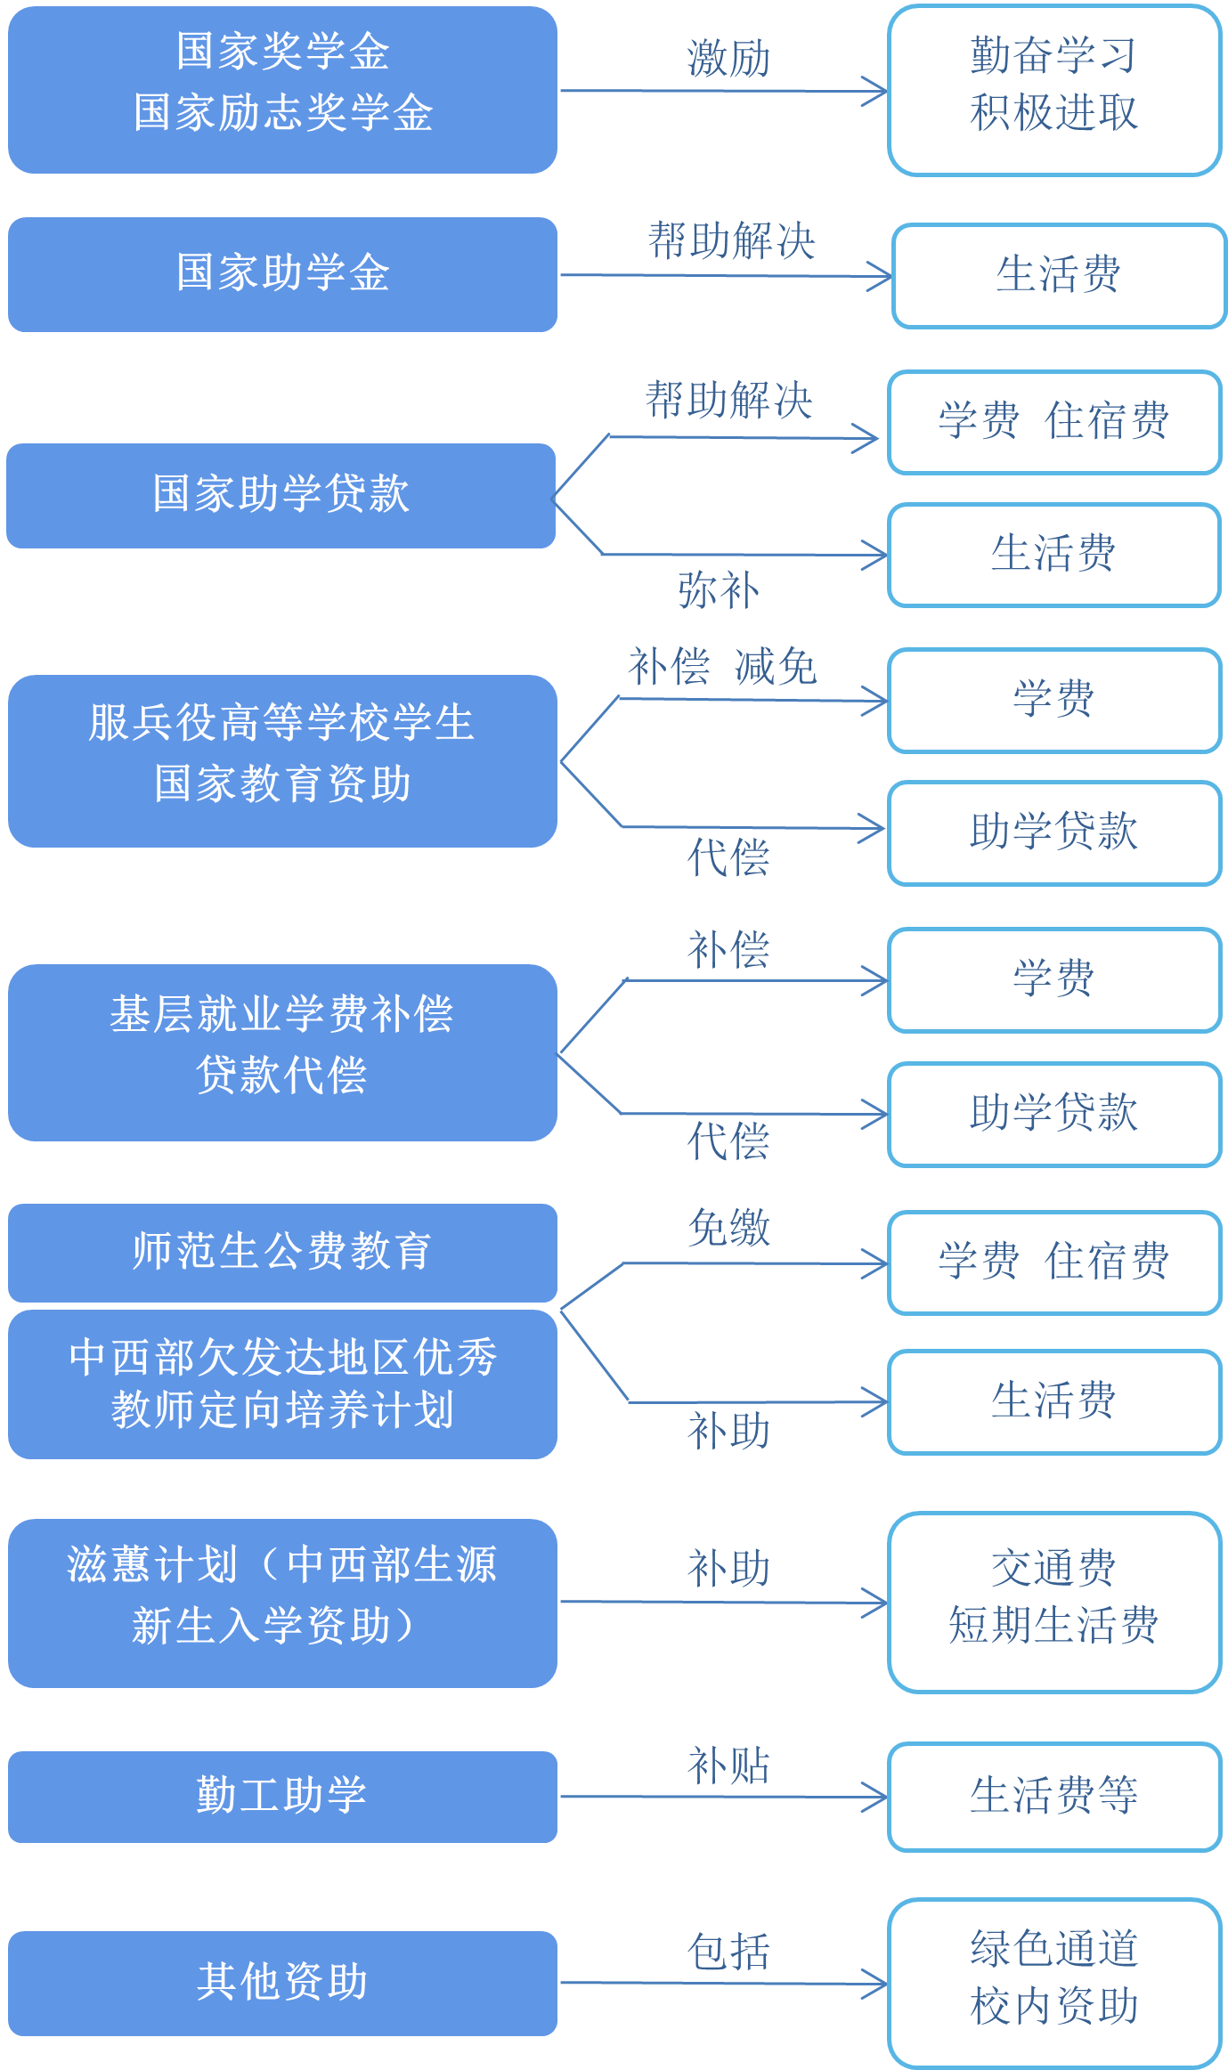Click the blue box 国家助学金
coord(282,273)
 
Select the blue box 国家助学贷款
coord(282,494)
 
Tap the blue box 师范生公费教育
coord(282,1251)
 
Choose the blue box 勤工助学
coord(282,1795)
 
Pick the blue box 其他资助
coord(282,1982)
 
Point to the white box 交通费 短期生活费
coord(1054,1601)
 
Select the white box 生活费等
coord(1054,1795)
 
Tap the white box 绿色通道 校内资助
coord(1054,1982)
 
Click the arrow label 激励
coord(728,60)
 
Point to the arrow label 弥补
coord(719,590)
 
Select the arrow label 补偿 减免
coord(722,667)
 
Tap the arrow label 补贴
coord(728,1766)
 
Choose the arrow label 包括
coord(728,1952)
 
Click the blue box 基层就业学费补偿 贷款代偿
coord(282,1052)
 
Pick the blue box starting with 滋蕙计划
coord(282,1603)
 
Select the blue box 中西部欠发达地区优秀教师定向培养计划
coord(282,1384)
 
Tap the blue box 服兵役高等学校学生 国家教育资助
coord(282,761)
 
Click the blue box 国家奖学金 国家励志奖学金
coord(282,89)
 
